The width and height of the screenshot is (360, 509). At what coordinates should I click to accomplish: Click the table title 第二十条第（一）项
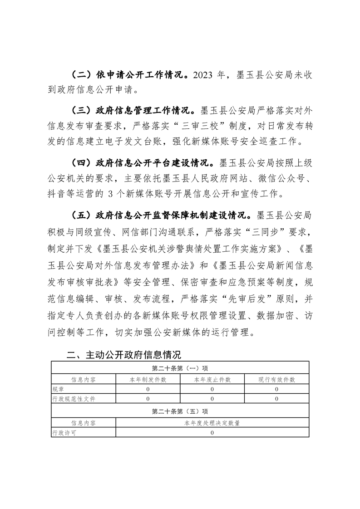click(180, 367)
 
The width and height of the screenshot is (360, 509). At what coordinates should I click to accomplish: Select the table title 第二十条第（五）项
click(180, 411)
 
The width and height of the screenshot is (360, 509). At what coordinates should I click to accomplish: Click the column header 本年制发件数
click(148, 379)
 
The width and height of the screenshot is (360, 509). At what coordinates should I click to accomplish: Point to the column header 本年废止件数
click(212, 379)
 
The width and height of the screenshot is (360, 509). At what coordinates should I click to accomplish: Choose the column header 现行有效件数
click(276, 379)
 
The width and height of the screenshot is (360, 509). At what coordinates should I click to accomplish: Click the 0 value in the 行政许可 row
click(212, 432)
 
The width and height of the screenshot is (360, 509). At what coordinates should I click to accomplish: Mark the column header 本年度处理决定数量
click(212, 423)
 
